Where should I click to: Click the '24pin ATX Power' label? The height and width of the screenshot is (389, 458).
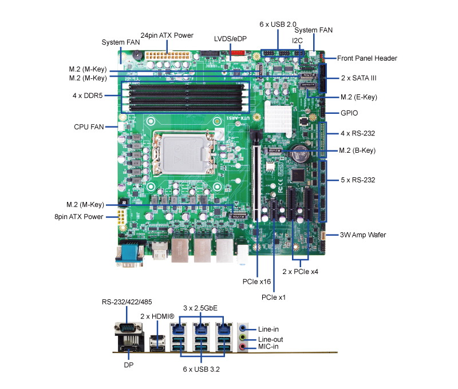click(167, 35)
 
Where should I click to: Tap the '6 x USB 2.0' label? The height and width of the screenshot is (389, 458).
click(278, 25)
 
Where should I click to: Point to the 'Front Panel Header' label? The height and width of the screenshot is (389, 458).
click(367, 58)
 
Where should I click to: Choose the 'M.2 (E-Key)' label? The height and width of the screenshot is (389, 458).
click(358, 97)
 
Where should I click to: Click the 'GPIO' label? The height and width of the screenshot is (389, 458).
click(350, 113)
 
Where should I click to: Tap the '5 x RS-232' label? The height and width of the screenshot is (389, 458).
click(358, 180)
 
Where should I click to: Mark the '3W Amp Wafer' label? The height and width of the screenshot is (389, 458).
click(363, 235)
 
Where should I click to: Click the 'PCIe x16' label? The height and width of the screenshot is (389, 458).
click(256, 281)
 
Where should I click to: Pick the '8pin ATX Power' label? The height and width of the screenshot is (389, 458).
click(79, 217)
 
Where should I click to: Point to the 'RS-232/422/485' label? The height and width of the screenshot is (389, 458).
click(127, 302)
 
